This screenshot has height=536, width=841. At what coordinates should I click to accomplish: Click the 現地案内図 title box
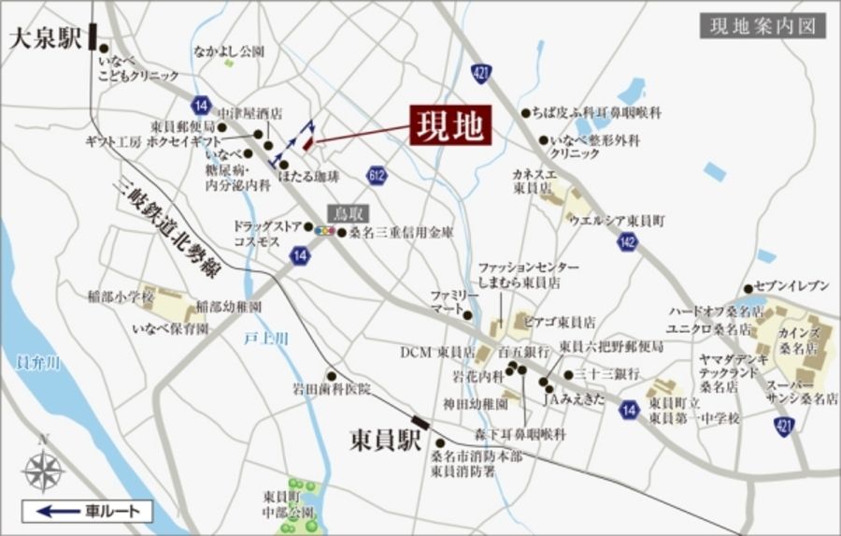tap(763, 25)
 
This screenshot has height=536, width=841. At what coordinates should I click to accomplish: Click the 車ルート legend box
tap(86, 511)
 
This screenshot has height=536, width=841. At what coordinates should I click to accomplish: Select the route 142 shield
tap(627, 243)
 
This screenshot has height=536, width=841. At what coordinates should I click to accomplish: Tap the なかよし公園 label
tap(229, 51)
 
